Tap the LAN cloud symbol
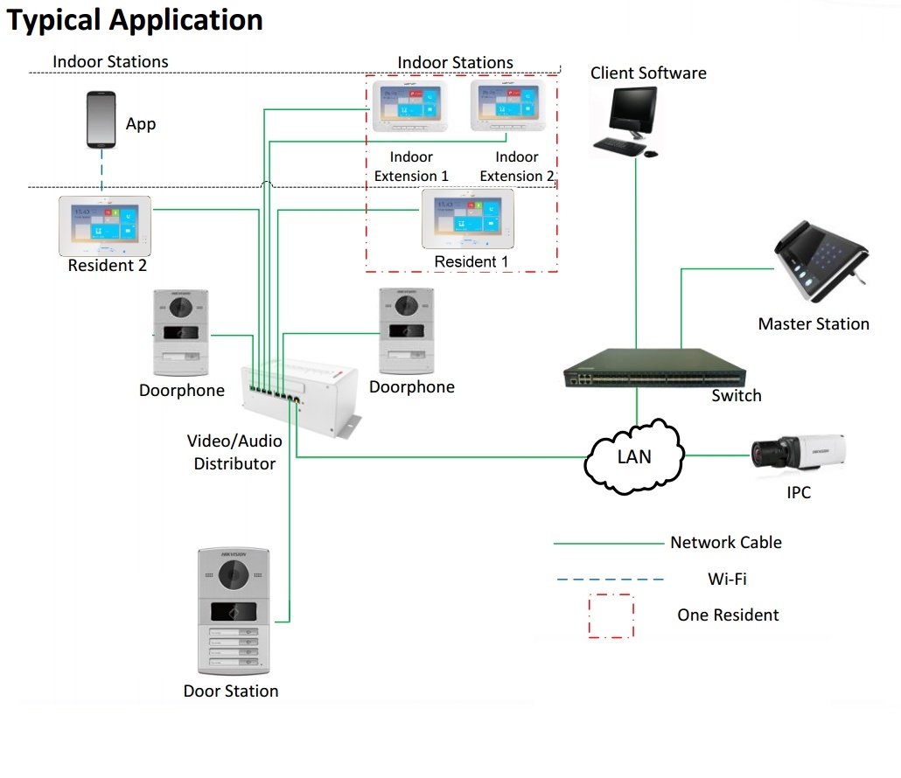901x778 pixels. coord(634,456)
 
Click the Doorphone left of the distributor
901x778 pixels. coord(183,333)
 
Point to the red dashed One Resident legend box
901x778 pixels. coord(611,616)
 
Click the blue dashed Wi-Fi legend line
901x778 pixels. coord(609,579)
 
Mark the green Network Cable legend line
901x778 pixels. coord(609,543)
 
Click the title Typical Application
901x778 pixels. coord(136,20)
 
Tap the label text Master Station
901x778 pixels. coord(814,324)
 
